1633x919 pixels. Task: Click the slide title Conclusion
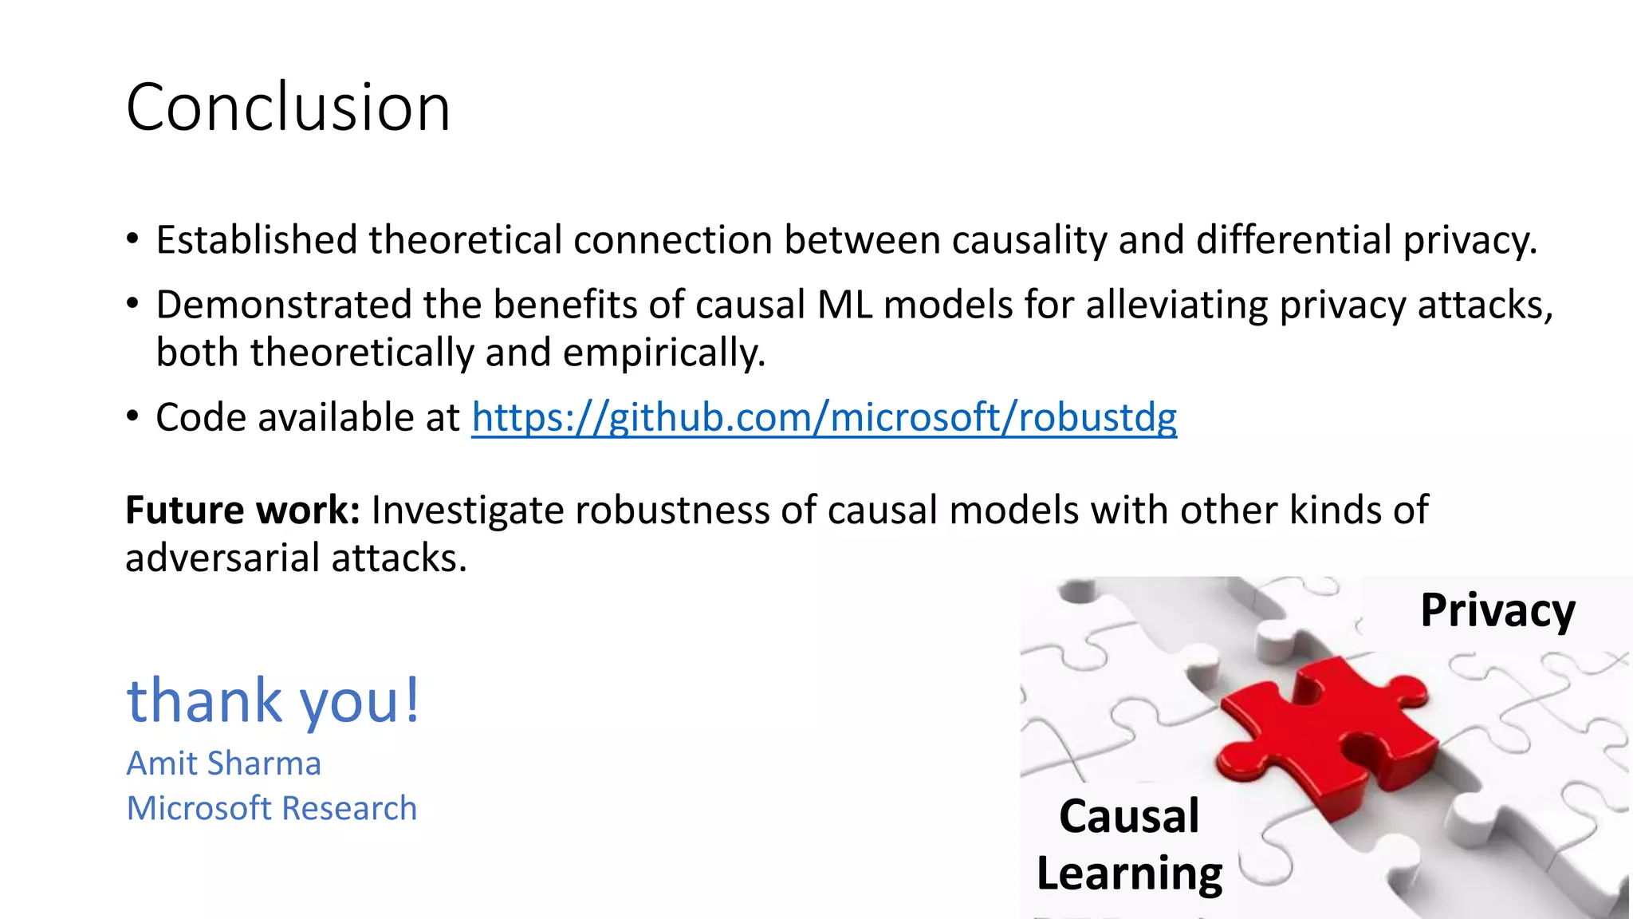coord(288,107)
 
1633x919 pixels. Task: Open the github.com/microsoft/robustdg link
coord(824,417)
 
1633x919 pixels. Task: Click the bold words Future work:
coord(242,510)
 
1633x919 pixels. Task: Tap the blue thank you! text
coord(273,700)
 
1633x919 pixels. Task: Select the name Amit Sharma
coord(223,763)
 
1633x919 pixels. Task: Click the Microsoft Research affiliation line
coord(271,808)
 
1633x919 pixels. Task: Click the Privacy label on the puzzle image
coord(1497,610)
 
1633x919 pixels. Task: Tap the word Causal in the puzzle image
coord(1128,816)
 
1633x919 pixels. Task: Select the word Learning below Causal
coord(1129,874)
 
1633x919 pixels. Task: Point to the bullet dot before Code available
coord(132,417)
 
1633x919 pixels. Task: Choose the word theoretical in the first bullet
coord(465,240)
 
